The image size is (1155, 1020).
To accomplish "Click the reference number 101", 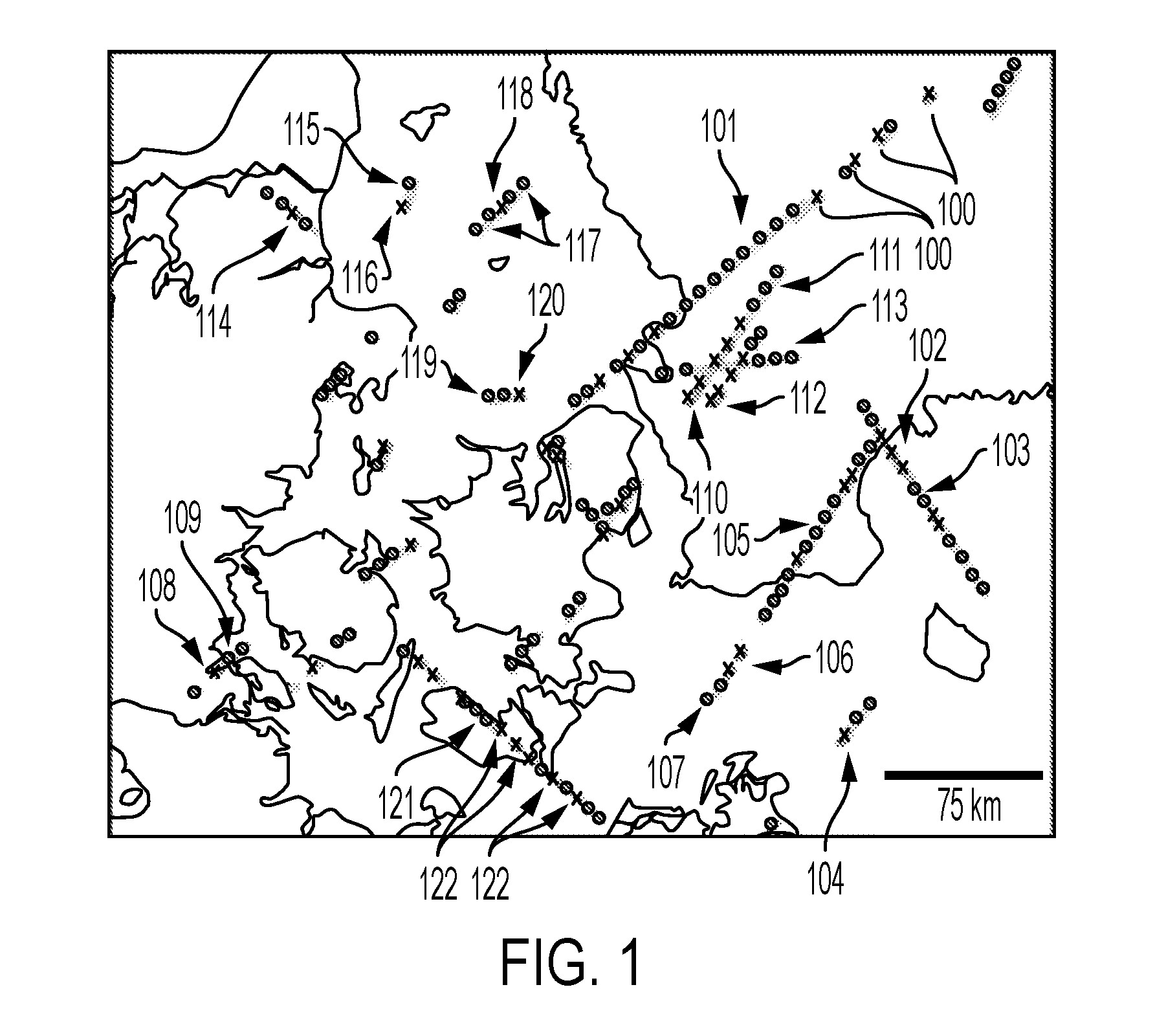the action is [x=719, y=127].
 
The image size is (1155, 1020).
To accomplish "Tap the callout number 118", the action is [x=515, y=94].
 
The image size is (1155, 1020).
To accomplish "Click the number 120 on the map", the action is [x=547, y=302].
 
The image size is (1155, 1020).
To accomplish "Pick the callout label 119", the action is [x=419, y=363].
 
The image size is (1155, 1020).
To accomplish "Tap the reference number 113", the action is [x=889, y=305].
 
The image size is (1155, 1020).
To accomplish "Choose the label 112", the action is [x=809, y=399].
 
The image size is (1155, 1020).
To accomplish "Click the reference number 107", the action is [x=666, y=773].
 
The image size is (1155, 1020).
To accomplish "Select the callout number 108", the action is [x=157, y=588].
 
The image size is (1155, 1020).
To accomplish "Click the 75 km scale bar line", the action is [x=963, y=775].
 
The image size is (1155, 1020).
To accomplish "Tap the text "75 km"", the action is [x=969, y=806].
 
